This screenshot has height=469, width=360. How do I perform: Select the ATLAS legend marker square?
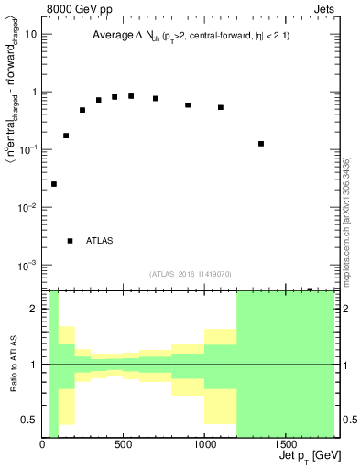[x=71, y=241]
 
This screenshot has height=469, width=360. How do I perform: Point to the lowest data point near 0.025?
[x=54, y=184]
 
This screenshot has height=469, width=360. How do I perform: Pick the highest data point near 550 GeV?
[x=131, y=96]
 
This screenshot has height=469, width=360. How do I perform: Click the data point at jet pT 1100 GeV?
[x=221, y=107]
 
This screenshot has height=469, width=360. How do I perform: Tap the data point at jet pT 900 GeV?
[x=188, y=105]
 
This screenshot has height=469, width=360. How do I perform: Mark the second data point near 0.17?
[x=66, y=136]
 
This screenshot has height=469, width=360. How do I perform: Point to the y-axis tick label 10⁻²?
[x=28, y=208]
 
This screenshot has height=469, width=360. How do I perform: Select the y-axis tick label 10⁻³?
[x=28, y=266]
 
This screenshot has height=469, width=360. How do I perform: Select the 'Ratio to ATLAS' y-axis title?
[x=11, y=365]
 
